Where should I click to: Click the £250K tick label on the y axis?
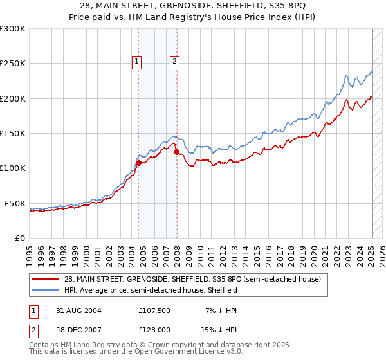(13, 64)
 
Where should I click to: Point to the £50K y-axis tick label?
(15, 203)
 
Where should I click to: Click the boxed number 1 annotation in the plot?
(137, 62)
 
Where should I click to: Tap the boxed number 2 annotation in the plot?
(174, 62)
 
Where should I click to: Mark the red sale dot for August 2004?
(139, 163)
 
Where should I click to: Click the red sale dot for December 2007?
(176, 152)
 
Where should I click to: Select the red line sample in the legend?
(46, 279)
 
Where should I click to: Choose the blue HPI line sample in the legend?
(46, 291)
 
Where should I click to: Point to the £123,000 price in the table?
(155, 331)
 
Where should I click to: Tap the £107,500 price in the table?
(155, 310)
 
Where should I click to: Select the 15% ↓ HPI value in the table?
(219, 331)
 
